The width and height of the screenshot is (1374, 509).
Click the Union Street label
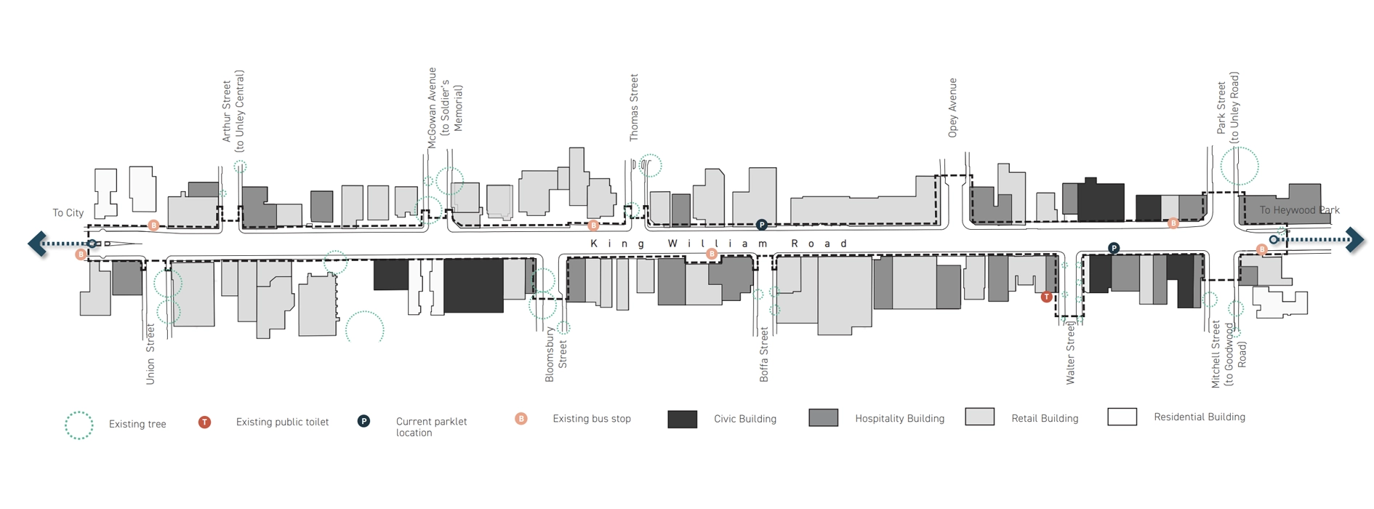click(150, 354)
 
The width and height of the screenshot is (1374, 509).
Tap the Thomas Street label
click(634, 108)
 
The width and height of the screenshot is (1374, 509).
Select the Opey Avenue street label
click(952, 108)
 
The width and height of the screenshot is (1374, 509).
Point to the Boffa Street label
click(764, 354)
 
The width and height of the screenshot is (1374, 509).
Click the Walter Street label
click(1070, 353)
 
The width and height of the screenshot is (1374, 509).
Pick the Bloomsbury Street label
click(556, 354)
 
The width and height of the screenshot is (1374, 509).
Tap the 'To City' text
click(68, 213)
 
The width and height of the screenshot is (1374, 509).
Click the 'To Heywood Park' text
click(1299, 210)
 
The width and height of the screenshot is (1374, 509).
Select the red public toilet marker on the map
click(1046, 297)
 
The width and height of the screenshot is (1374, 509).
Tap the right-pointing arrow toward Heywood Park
click(1354, 239)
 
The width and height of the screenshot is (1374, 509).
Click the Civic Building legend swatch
click(682, 419)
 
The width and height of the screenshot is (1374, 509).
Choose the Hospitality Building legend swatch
click(823, 417)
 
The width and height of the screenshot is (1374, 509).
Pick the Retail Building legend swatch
click(979, 417)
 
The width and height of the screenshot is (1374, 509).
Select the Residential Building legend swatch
click(1122, 417)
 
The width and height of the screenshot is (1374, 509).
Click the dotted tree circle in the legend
click(79, 425)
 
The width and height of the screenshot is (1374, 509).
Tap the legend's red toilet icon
click(205, 422)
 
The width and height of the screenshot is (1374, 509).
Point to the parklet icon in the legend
click(363, 422)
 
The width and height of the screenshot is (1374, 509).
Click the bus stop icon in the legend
click(521, 419)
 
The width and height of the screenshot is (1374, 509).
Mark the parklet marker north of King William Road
click(761, 225)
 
